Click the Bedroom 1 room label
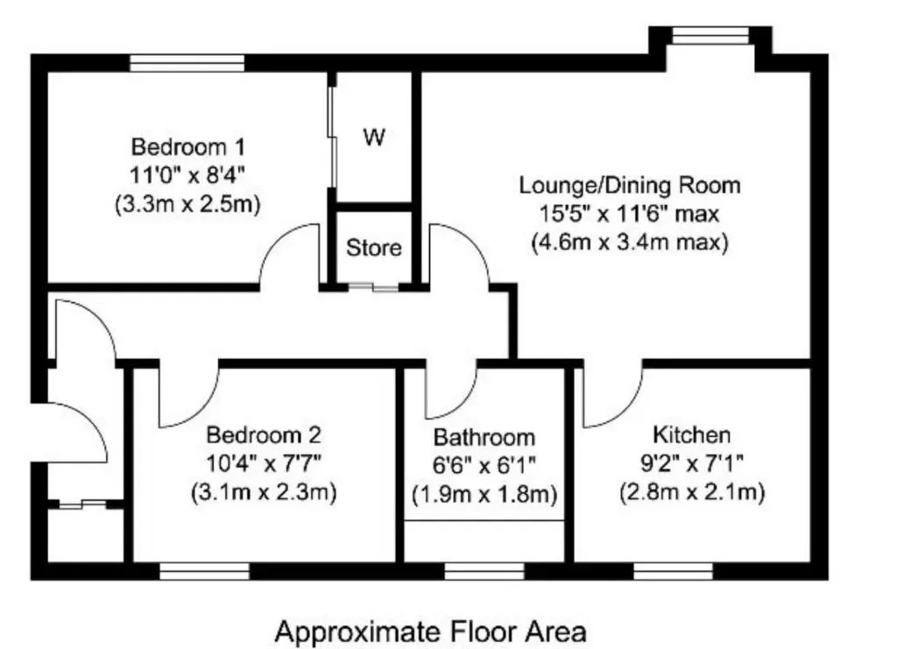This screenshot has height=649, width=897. pyautogui.click(x=187, y=147)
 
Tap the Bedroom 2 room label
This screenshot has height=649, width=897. pyautogui.click(x=264, y=435)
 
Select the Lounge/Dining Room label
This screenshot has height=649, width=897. pyautogui.click(x=630, y=186)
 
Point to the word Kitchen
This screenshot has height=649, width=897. pyautogui.click(x=692, y=435)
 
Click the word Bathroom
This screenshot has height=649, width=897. pyautogui.click(x=484, y=437)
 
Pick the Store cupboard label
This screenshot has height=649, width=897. pyautogui.click(x=373, y=248)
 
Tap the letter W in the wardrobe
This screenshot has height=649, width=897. pyautogui.click(x=374, y=138)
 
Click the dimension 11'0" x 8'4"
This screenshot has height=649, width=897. pyautogui.click(x=188, y=175)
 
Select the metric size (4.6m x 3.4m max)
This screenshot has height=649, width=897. pyautogui.click(x=630, y=242)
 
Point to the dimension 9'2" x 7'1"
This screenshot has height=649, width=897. pyautogui.click(x=692, y=463)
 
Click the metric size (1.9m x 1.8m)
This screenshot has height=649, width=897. pyautogui.click(x=484, y=494)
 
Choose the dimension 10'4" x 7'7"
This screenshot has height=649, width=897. pyautogui.click(x=264, y=463)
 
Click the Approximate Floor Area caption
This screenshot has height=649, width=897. pyautogui.click(x=431, y=632)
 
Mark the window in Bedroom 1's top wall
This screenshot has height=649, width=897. pyautogui.click(x=187, y=63)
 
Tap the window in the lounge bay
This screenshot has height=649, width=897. pyautogui.click(x=710, y=35)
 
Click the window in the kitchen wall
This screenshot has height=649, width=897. pyautogui.click(x=674, y=571)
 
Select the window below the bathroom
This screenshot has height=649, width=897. pyautogui.click(x=484, y=571)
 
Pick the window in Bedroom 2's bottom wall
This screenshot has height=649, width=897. pyautogui.click(x=205, y=571)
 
